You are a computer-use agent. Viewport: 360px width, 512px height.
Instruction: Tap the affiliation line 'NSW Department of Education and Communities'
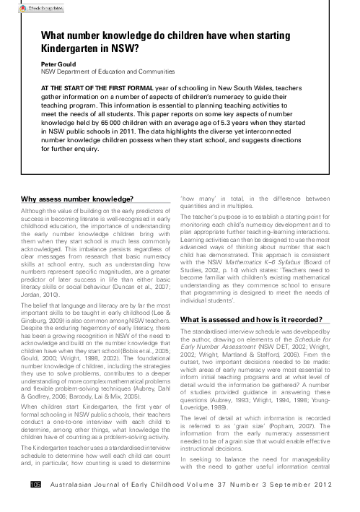(x=107, y=72)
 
